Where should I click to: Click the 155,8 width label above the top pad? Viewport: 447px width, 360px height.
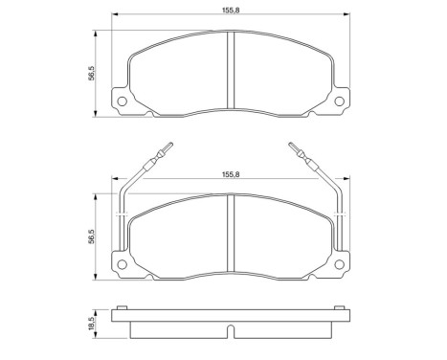click(229, 10)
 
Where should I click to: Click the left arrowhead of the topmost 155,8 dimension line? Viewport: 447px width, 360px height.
click(115, 15)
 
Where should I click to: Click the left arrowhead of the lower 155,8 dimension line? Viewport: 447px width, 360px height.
click(115, 181)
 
